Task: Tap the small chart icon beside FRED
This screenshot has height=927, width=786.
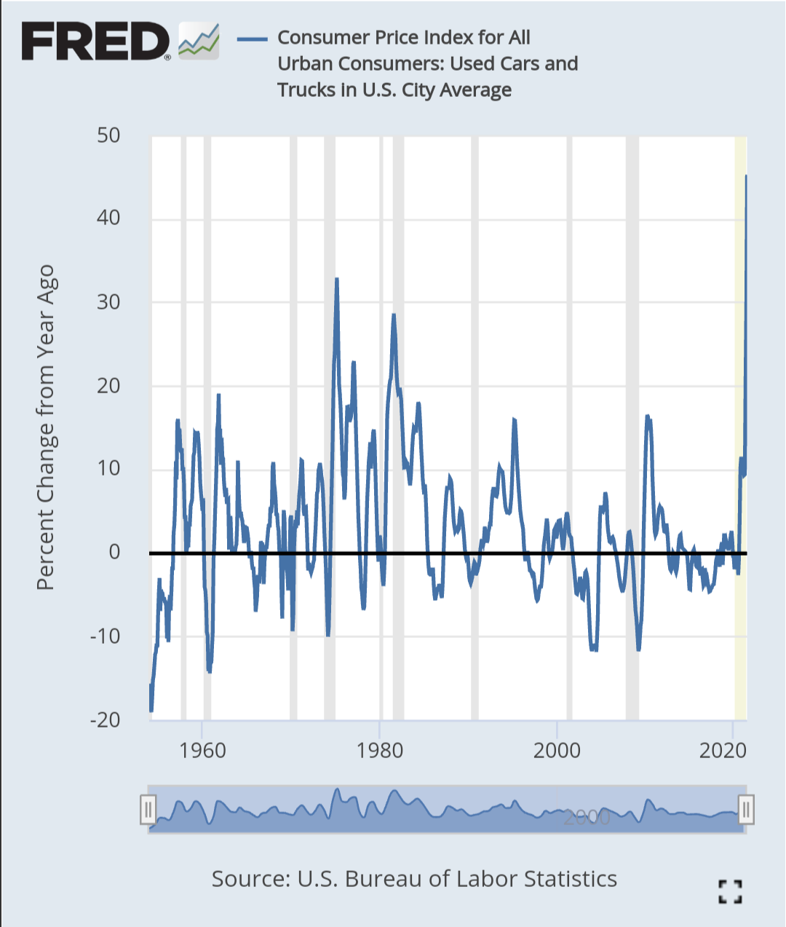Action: point(199,41)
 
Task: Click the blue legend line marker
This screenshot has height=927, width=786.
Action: point(253,38)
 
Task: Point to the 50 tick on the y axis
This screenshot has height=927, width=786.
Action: point(108,135)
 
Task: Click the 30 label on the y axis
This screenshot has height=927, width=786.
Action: point(108,302)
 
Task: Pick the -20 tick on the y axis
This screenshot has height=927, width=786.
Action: point(105,719)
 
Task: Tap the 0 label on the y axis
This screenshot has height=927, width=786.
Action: point(114,552)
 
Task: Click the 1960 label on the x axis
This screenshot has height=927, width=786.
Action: point(202,751)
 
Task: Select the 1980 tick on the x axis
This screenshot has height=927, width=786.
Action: point(379,751)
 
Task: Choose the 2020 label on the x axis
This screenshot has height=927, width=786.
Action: point(723,751)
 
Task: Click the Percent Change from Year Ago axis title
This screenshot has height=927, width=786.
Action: point(46,427)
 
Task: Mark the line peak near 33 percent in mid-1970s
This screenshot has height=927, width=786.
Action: point(336,279)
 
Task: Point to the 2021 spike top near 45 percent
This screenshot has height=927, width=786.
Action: point(745,175)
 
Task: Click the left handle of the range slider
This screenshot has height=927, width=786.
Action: point(148,809)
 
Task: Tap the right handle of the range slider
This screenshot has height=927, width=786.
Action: point(746,809)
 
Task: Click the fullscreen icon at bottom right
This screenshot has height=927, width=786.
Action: point(729,891)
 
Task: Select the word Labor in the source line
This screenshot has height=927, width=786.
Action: point(482,879)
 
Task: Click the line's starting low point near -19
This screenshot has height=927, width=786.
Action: point(151,710)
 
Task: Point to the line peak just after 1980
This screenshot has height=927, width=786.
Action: point(393,315)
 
